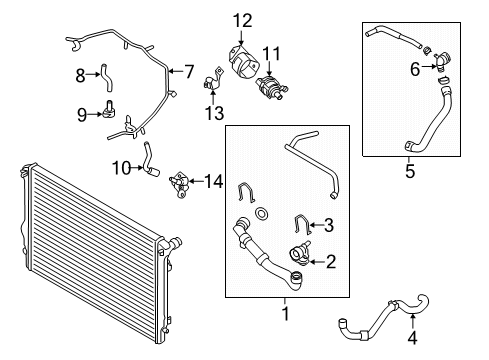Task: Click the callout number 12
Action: (x=242, y=21)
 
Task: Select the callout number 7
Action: (x=189, y=71)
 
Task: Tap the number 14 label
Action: (x=213, y=182)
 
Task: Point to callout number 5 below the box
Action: (x=410, y=171)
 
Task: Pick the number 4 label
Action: (x=413, y=338)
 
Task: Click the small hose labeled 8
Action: (x=106, y=78)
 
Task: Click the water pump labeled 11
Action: (x=271, y=86)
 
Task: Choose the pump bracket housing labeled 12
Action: (x=243, y=62)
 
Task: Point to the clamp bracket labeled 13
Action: (x=212, y=79)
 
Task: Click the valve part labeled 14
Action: (x=179, y=185)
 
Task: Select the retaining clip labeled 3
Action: (x=303, y=224)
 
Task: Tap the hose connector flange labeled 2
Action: (x=299, y=255)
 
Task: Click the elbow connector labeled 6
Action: (x=441, y=60)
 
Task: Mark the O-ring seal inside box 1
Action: (x=260, y=214)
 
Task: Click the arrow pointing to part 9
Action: (x=95, y=114)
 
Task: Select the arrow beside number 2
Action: (x=317, y=262)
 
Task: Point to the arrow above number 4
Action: (x=413, y=321)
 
